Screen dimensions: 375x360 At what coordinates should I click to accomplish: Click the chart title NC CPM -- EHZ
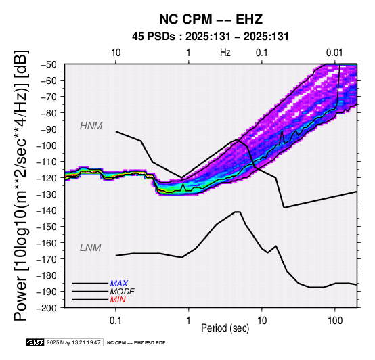(211, 19)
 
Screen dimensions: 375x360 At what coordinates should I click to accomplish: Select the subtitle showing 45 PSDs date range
(211, 37)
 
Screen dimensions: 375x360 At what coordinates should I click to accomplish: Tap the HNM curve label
(91, 126)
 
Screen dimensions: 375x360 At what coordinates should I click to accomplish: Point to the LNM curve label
(91, 248)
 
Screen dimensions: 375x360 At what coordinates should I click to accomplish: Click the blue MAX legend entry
(119, 284)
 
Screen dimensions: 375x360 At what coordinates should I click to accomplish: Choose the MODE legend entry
(123, 292)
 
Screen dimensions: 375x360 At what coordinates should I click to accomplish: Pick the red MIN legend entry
(118, 300)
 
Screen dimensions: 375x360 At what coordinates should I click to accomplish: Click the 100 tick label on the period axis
(335, 320)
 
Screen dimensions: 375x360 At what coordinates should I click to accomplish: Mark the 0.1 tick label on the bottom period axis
(116, 320)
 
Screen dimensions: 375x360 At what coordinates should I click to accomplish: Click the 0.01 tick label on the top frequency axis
(335, 53)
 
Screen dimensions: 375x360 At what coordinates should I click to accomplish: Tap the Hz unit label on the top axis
(225, 53)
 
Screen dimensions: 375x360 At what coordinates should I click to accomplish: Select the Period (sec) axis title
(225, 328)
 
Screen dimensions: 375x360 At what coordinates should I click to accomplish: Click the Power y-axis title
(21, 185)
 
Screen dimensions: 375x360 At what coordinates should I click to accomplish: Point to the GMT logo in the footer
(35, 342)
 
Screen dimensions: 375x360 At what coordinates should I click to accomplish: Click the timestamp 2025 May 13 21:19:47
(73, 342)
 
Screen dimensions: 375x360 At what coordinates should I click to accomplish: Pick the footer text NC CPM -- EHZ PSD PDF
(136, 343)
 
